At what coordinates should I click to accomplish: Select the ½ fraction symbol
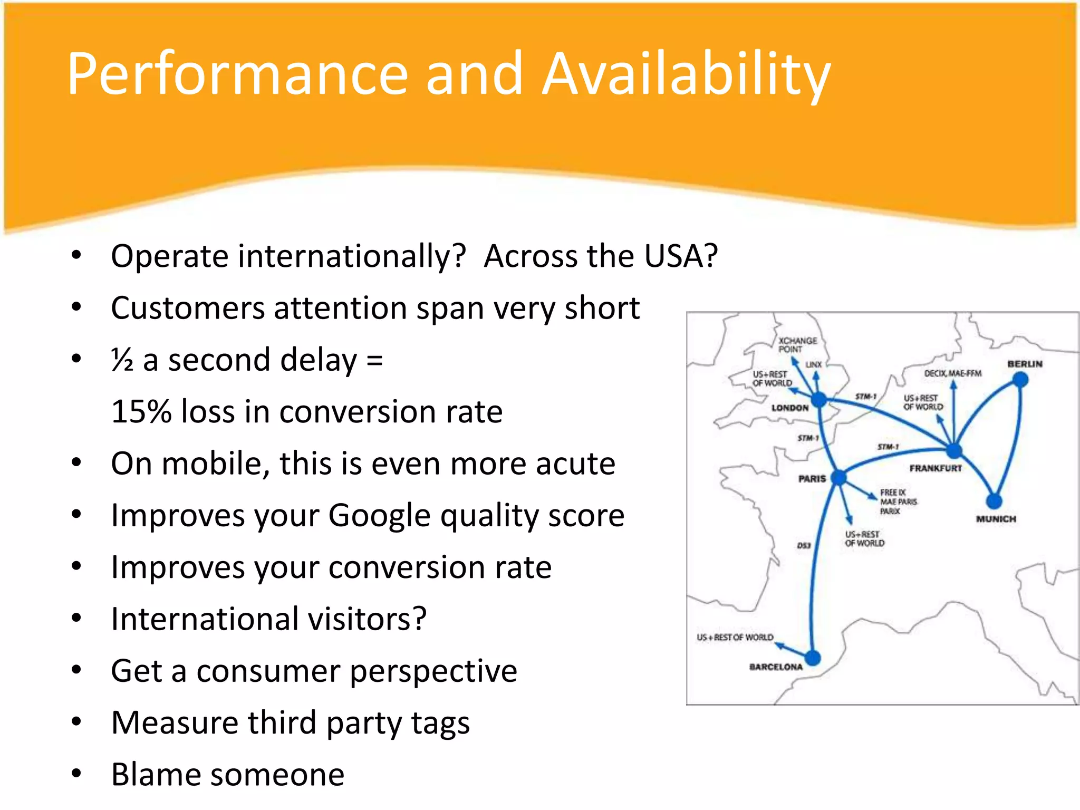click(x=122, y=361)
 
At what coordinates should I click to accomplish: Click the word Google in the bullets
click(x=379, y=516)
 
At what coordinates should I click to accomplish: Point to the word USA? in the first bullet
click(x=681, y=256)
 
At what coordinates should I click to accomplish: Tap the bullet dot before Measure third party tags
click(x=77, y=721)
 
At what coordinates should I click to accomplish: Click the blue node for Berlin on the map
click(x=1021, y=379)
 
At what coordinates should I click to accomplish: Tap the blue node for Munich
click(x=994, y=500)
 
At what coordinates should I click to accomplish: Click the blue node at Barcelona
click(x=813, y=658)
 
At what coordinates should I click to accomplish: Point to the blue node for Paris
click(x=838, y=478)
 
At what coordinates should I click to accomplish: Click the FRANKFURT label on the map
click(x=936, y=468)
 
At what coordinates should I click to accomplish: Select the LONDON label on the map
click(x=789, y=408)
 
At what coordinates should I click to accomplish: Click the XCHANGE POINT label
click(x=797, y=345)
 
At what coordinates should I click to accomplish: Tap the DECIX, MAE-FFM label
click(x=952, y=373)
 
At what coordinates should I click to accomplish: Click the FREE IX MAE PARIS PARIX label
click(x=898, y=502)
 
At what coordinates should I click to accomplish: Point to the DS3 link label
click(x=803, y=545)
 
